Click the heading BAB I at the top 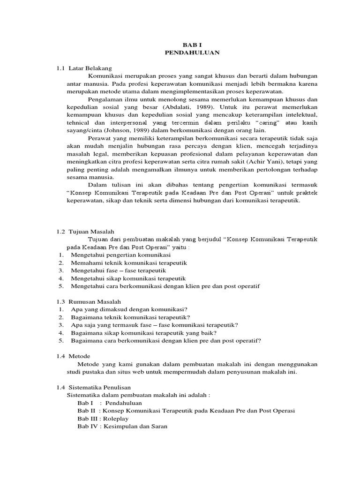pos(192,45)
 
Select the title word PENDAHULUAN pos(192,52)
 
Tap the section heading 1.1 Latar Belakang pos(84,68)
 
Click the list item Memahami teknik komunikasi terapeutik pos(129,263)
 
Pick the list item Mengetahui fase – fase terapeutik pos(119,270)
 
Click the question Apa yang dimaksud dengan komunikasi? pos(129,309)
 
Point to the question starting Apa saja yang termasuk pos(154,325)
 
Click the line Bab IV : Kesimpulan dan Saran pos(122,427)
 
